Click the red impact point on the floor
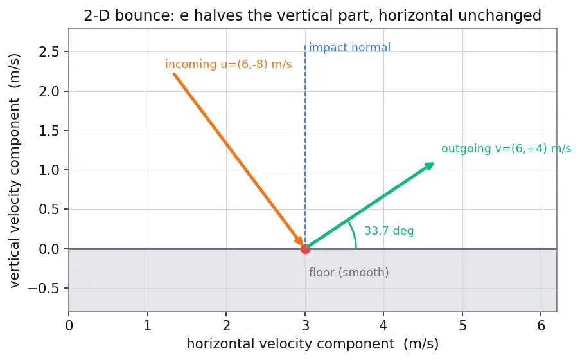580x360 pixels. (x=305, y=249)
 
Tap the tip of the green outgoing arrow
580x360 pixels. (x=434, y=163)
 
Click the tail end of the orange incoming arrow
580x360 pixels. (x=174, y=75)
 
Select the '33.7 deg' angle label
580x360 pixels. (x=389, y=231)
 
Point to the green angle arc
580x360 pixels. (x=353, y=233)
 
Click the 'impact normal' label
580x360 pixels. (x=349, y=48)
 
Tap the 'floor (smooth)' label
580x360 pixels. (x=349, y=273)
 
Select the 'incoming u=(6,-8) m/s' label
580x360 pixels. (x=228, y=64)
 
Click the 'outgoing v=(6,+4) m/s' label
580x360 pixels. (x=506, y=148)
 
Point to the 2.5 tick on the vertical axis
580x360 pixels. (x=67, y=52)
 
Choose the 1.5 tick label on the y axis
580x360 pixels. (x=49, y=130)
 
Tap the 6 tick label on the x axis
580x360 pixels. (x=541, y=325)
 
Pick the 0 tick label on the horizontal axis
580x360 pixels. (x=69, y=325)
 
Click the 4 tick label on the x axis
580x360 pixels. (x=383, y=325)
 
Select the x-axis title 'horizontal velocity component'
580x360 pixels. (x=290, y=344)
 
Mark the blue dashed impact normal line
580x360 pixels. (x=305, y=147)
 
